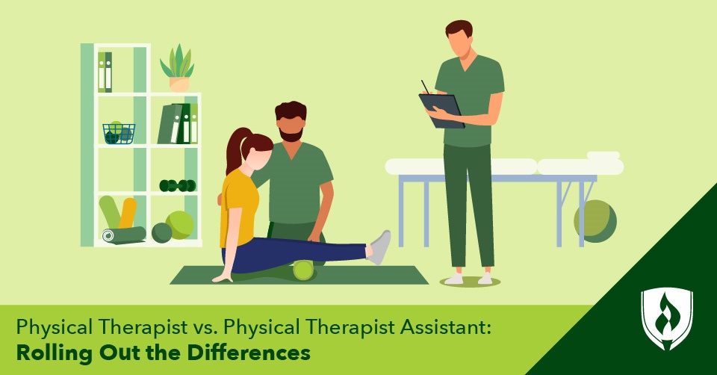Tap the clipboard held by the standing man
(x=441, y=109)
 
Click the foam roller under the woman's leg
(x=303, y=270)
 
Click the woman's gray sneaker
(x=380, y=247)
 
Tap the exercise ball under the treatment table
(x=595, y=221)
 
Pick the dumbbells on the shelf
(x=177, y=185)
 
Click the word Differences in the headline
(x=255, y=353)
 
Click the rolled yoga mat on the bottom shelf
(x=123, y=235)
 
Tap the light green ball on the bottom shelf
(x=180, y=224)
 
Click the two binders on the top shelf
(x=105, y=72)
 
